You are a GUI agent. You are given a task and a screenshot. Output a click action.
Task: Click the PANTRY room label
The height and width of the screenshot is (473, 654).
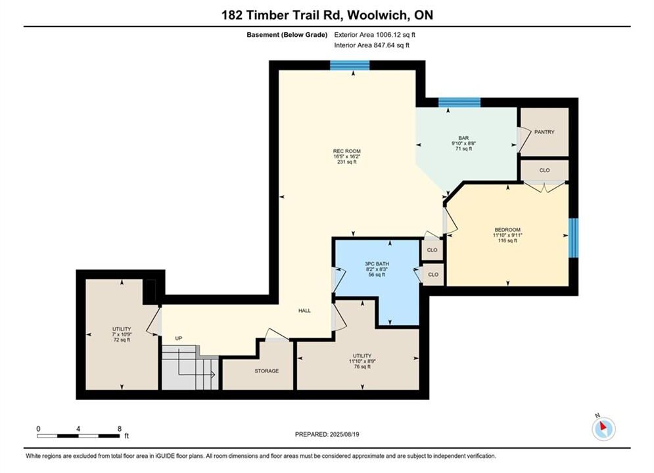point(544,132)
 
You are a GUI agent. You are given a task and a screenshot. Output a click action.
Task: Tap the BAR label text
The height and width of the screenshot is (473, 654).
point(463,138)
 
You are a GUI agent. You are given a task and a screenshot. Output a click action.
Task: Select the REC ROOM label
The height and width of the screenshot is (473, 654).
point(346,151)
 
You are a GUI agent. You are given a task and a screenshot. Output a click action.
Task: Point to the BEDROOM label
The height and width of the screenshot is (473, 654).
point(507,230)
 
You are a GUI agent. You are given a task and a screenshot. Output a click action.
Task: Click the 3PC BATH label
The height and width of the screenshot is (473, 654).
point(377,264)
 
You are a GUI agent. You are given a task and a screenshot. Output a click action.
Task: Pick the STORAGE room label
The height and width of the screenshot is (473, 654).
point(266,371)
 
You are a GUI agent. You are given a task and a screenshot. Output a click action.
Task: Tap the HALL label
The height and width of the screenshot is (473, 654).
point(304,311)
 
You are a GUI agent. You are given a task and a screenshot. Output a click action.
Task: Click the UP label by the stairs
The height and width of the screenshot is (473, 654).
point(179,338)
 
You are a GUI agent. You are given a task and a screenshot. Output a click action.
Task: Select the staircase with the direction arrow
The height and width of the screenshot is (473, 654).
point(190,368)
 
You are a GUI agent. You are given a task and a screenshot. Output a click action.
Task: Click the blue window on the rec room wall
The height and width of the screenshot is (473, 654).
point(350,66)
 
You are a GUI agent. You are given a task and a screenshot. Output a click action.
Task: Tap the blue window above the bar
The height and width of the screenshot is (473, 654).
point(459,102)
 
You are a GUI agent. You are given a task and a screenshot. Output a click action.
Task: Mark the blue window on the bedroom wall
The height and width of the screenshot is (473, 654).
point(574,238)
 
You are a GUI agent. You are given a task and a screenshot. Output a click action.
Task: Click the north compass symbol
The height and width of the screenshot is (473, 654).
point(603,428)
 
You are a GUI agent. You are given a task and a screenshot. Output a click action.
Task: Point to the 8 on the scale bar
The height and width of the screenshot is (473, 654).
point(119,429)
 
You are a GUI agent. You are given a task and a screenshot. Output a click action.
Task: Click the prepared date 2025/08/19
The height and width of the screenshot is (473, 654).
point(344,434)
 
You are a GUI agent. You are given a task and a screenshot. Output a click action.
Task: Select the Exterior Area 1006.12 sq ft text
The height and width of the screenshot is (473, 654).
point(375,35)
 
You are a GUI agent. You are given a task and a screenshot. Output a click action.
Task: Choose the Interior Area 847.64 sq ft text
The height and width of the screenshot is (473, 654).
point(371,45)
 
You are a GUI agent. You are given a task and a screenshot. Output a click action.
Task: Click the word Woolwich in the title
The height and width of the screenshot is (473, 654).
point(377,15)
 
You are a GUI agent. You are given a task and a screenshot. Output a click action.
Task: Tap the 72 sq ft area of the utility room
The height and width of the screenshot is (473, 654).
point(122,340)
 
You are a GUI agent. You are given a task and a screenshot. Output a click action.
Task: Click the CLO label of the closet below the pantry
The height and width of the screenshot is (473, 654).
point(544,170)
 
